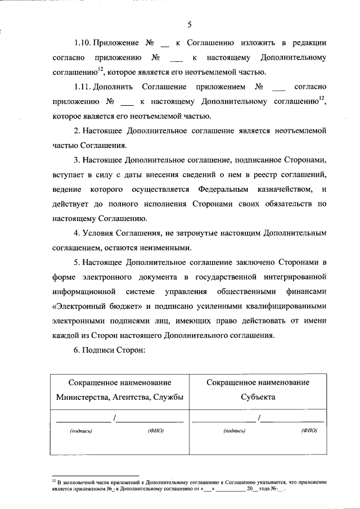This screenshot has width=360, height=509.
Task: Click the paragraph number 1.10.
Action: (x=83, y=43)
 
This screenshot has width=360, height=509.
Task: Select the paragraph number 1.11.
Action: (x=83, y=87)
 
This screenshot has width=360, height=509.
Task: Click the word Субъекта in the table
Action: (x=258, y=397)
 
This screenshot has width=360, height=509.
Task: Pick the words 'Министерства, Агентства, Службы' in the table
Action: (x=119, y=397)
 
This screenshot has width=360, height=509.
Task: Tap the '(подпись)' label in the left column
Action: (x=80, y=431)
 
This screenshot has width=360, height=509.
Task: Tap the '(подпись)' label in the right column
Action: (x=233, y=431)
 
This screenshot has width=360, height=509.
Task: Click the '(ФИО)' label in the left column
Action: (x=155, y=431)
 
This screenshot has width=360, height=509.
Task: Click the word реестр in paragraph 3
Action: (x=254, y=174)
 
